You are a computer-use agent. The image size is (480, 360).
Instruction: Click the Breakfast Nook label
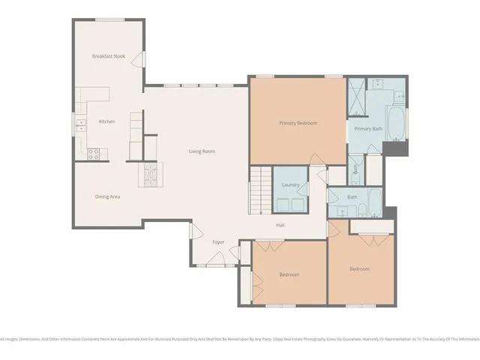tap(108, 56)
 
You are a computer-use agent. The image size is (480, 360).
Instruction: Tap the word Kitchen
tap(106, 121)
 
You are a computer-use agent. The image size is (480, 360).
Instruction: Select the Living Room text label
tap(202, 151)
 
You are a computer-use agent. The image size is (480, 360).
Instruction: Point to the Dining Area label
tap(107, 196)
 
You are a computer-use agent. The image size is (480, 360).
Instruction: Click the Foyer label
tap(218, 242)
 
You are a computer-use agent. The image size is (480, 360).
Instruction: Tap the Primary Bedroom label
tap(298, 123)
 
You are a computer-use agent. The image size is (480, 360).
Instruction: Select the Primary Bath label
tap(368, 129)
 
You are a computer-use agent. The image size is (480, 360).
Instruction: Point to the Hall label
tap(280, 225)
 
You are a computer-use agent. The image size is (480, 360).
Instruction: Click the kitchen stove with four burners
tap(94, 154)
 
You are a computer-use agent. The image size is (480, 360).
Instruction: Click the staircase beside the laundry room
tap(259, 191)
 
